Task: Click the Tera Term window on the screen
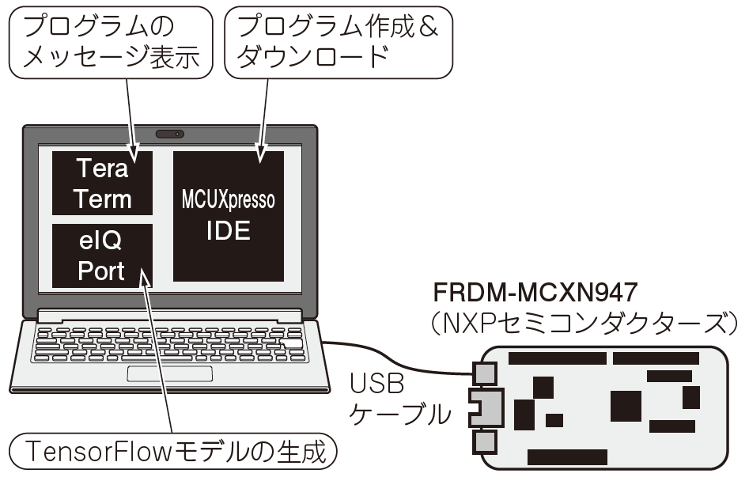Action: (102, 183)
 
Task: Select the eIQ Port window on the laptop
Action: (102, 256)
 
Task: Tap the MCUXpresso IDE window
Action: (229, 215)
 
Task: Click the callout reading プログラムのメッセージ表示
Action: (111, 43)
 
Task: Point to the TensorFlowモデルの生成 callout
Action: (174, 452)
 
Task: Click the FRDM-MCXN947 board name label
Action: (535, 293)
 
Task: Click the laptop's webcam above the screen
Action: (170, 134)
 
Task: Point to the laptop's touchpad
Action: (170, 373)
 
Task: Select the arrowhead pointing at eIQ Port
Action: (144, 276)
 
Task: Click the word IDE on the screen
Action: (229, 231)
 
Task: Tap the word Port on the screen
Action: (101, 271)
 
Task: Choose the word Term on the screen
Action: (102, 199)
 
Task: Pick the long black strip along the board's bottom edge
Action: (567, 457)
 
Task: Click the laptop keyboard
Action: (170, 343)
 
